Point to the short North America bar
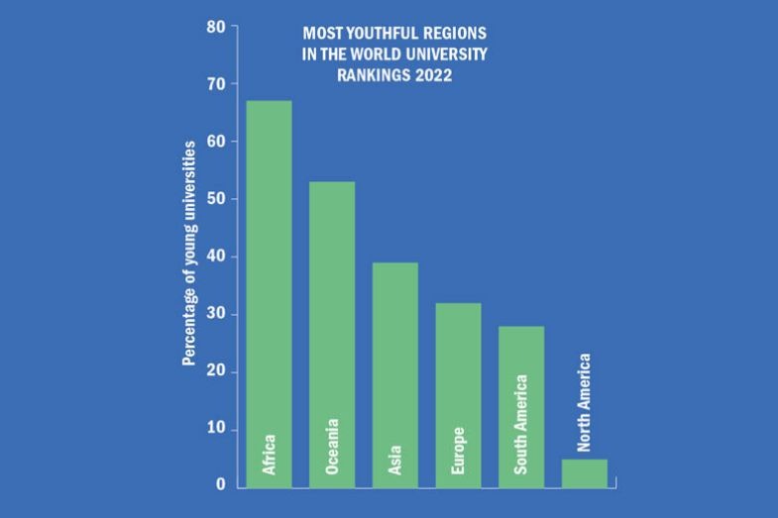(x=584, y=473)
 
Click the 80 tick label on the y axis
(x=216, y=27)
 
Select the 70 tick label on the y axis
(x=216, y=84)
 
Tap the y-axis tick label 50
(x=216, y=199)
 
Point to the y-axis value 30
(x=216, y=314)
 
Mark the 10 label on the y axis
(x=216, y=429)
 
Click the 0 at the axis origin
(x=220, y=485)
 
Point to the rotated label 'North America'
(x=584, y=402)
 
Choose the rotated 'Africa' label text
(x=269, y=454)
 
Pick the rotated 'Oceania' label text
(x=332, y=446)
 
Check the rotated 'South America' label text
(x=521, y=423)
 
